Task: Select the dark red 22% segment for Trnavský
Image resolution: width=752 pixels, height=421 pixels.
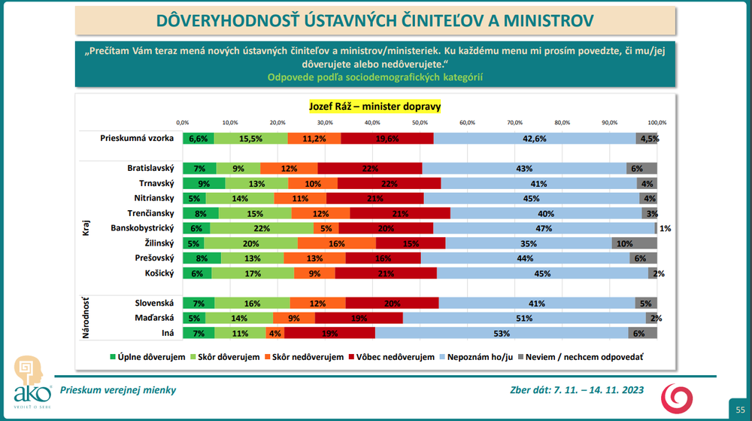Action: (x=389, y=183)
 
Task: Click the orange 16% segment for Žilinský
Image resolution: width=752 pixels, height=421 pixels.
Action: (x=337, y=243)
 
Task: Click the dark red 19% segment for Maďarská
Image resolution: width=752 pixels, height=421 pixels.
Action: (x=359, y=318)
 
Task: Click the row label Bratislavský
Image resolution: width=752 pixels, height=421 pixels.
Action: (x=150, y=168)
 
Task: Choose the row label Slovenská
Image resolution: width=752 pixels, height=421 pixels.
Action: (x=153, y=303)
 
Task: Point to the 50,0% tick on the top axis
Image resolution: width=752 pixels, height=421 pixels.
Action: (x=419, y=121)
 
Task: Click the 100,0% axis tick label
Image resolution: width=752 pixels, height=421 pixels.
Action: (x=656, y=121)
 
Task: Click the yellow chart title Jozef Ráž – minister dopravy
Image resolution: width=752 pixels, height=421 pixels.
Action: (x=374, y=106)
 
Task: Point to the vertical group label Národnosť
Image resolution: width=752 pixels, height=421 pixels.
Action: (x=86, y=318)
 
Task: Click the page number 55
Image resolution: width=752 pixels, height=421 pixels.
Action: (x=738, y=407)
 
